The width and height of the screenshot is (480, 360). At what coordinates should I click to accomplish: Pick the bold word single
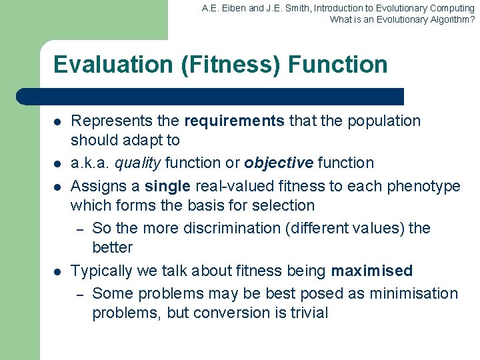click(x=167, y=186)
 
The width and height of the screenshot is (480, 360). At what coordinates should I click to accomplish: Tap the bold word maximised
click(x=372, y=271)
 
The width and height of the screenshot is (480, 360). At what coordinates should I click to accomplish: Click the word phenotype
click(x=425, y=186)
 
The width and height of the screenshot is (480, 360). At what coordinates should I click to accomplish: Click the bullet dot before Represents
click(x=58, y=122)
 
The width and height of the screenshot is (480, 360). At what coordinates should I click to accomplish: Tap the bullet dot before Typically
click(x=58, y=271)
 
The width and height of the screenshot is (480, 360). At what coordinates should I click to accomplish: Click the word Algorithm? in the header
click(x=451, y=19)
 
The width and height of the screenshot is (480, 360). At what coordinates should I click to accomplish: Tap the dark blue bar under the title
click(x=210, y=97)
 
